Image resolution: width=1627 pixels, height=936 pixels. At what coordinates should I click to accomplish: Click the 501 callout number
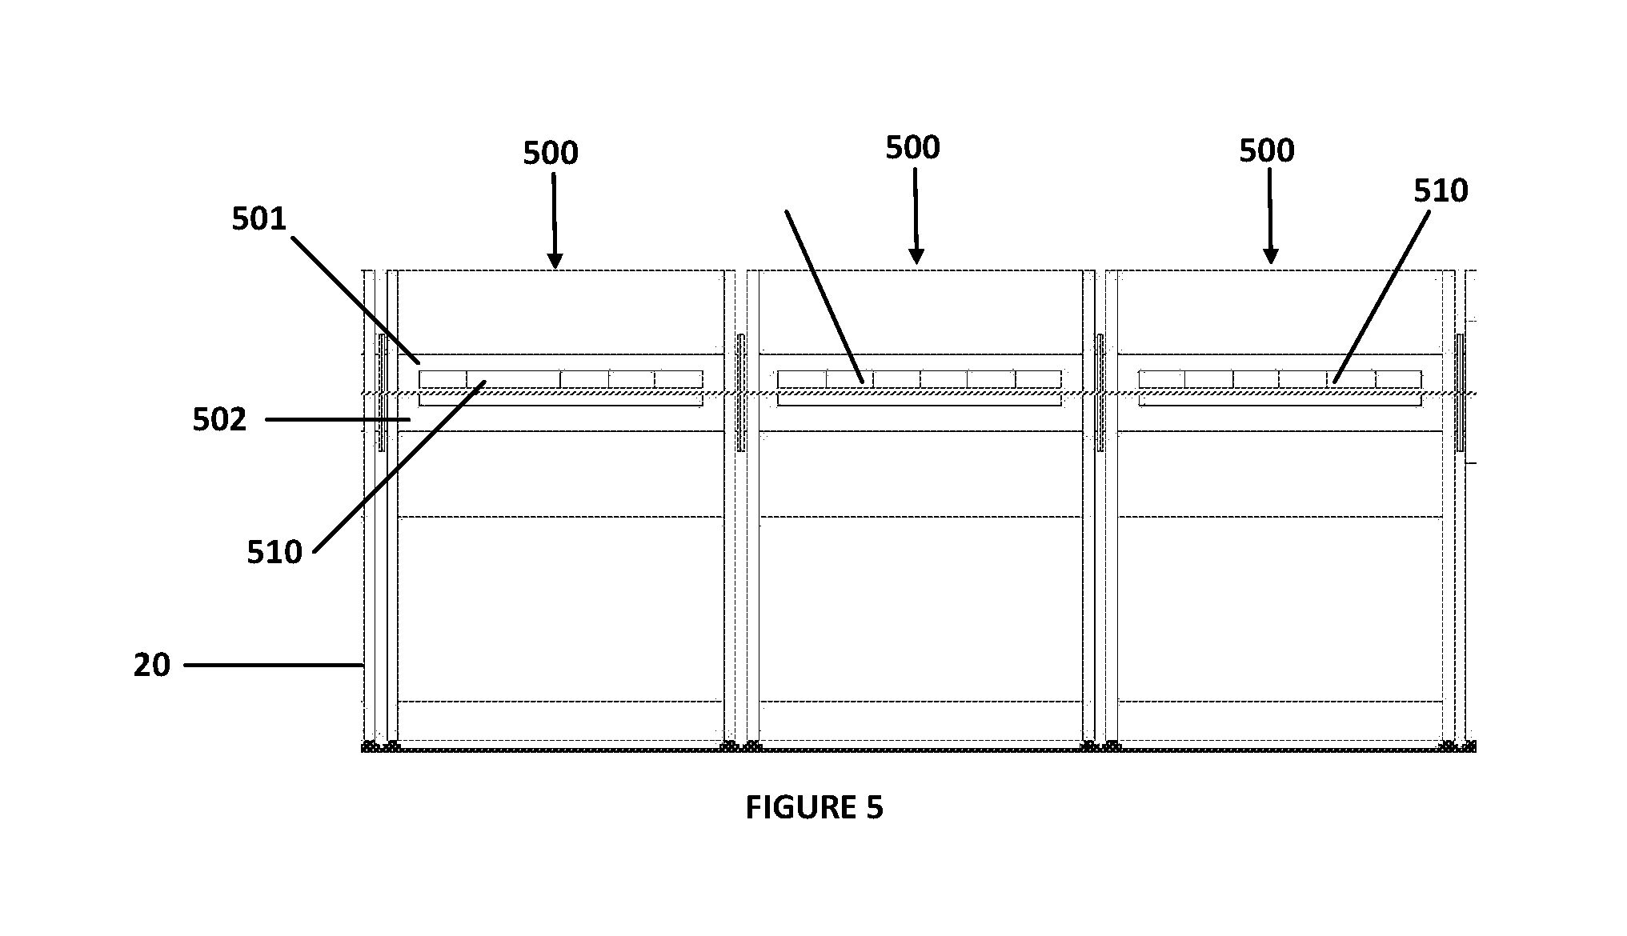point(259,218)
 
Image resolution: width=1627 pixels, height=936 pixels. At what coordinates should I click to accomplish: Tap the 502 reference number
point(220,419)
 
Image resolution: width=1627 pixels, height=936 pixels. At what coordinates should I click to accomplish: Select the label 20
point(152,665)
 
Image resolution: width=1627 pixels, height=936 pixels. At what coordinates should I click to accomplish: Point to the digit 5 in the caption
point(874,808)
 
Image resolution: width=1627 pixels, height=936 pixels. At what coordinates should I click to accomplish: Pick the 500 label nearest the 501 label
point(551,153)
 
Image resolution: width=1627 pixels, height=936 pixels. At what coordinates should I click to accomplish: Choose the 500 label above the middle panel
point(912,147)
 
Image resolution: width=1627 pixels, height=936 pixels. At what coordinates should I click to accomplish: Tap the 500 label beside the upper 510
point(1267,150)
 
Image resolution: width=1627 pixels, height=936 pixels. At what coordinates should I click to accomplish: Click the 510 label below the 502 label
point(275,552)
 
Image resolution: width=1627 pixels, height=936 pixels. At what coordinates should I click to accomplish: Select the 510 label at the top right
point(1441,190)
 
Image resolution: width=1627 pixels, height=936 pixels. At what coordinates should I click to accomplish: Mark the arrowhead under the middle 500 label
point(916,258)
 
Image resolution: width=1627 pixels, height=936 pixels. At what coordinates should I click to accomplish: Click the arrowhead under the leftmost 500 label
point(555,262)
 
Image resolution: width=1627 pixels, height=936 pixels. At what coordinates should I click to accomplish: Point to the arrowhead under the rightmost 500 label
point(1270,257)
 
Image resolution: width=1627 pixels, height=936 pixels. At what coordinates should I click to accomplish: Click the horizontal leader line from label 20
point(274,665)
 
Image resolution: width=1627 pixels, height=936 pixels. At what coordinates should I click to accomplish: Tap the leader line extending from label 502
point(338,419)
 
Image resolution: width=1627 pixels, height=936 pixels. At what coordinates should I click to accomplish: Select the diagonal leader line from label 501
point(355,300)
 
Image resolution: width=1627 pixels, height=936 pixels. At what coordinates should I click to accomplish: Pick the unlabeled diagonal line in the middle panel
point(824,297)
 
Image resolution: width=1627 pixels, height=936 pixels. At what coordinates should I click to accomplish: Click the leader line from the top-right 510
point(1381,297)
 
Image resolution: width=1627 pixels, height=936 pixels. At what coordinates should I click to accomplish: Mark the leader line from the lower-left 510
point(399,467)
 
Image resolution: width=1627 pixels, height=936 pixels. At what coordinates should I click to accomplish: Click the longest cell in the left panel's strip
point(513,379)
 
